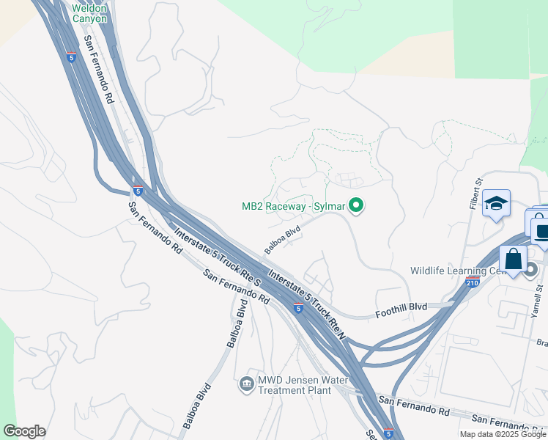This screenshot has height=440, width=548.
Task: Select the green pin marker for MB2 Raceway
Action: pos(357,206)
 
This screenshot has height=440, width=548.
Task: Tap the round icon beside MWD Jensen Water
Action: pos(246,383)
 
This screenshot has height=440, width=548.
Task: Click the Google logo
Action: pos(24,431)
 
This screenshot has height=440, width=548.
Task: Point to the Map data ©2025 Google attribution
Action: pos(503,434)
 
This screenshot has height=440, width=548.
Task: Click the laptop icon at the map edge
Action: pos(542,233)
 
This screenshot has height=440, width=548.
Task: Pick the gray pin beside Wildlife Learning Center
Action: pos(531,271)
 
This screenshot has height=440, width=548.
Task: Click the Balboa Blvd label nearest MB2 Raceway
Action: pos(284,239)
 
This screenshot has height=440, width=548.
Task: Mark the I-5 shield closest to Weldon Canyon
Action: pos(70,56)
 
